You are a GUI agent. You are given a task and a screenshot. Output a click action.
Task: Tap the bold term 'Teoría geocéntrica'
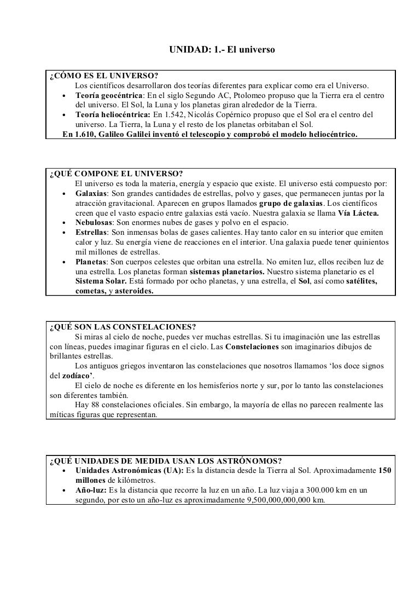106,95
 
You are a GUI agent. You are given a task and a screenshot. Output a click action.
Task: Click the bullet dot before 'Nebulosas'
64,222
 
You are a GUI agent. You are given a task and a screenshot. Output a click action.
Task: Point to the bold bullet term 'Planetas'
91,262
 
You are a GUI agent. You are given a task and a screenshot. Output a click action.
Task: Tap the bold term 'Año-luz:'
91,490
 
